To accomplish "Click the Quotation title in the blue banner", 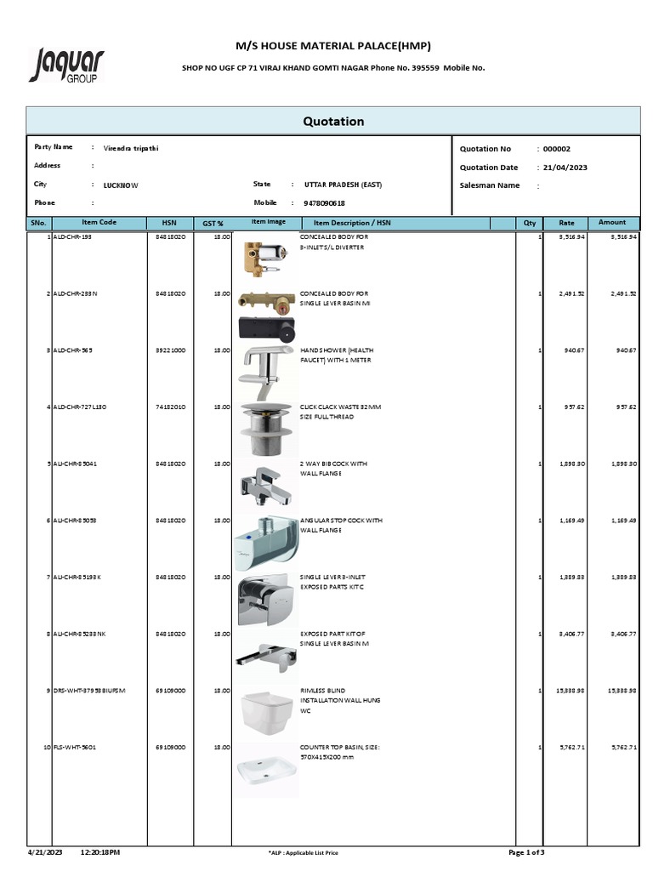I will click(333, 121).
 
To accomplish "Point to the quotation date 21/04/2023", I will click(565, 168).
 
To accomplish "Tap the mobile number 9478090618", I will click(324, 203).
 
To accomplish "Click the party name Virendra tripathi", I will click(131, 148).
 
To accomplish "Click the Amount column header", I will click(612, 223).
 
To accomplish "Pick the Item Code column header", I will click(99, 223).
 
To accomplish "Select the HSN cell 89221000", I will click(172, 350).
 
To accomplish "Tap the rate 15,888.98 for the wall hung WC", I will click(572, 691).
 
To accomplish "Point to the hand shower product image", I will click(264, 367).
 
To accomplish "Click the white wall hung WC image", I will click(264, 710).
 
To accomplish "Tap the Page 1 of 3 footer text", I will click(532, 852).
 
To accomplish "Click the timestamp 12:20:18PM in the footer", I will click(100, 852).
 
